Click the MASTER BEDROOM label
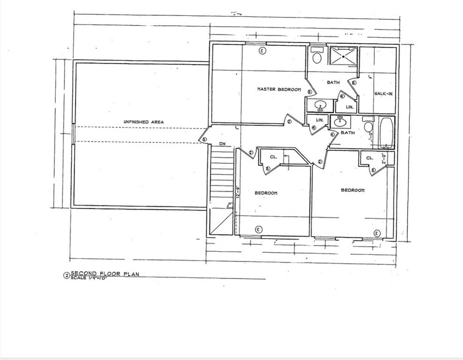click(x=279, y=89)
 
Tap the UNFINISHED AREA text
click(x=143, y=121)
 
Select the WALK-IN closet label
click(x=383, y=94)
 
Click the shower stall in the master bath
click(x=343, y=57)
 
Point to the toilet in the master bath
click(x=316, y=56)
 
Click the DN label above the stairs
click(x=222, y=143)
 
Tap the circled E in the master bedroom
click(x=262, y=51)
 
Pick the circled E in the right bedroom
click(x=377, y=234)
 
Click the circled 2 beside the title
click(x=66, y=276)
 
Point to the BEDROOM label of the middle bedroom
click(x=266, y=193)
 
